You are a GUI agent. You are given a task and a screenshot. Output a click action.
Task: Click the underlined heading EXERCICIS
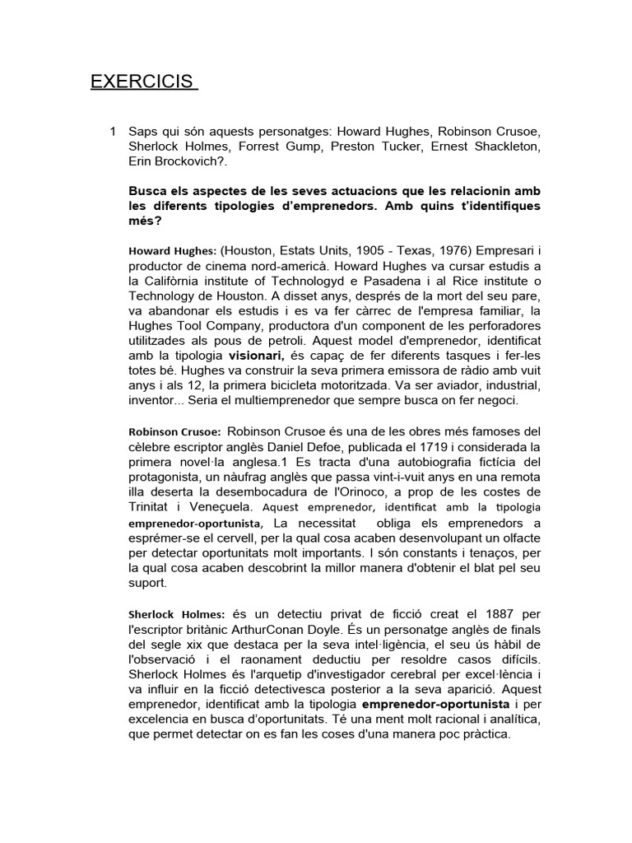pos(144,82)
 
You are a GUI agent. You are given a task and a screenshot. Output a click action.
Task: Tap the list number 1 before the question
pos(113,132)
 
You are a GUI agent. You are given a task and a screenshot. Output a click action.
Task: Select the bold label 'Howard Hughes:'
pos(172,250)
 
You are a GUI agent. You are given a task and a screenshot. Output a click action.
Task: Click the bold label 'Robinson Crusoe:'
pos(174,431)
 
